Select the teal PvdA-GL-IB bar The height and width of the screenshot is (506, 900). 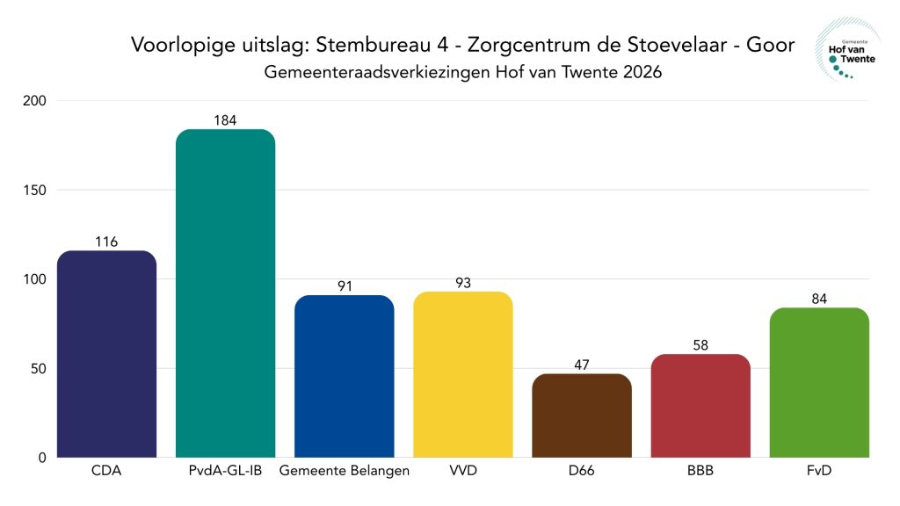coord(225,293)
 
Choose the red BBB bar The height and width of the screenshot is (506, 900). coord(700,406)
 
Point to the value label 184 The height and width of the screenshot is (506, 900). coord(225,120)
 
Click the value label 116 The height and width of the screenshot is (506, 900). coord(106,242)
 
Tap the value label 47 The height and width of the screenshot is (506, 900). coord(581,365)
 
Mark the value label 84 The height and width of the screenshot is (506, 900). coord(819,299)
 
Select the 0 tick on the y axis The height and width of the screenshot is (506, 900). coord(42,458)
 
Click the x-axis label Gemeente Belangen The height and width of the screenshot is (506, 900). coord(344,472)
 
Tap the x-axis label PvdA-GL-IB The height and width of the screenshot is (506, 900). coord(225,472)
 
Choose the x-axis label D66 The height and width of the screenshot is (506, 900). coord(581,472)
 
